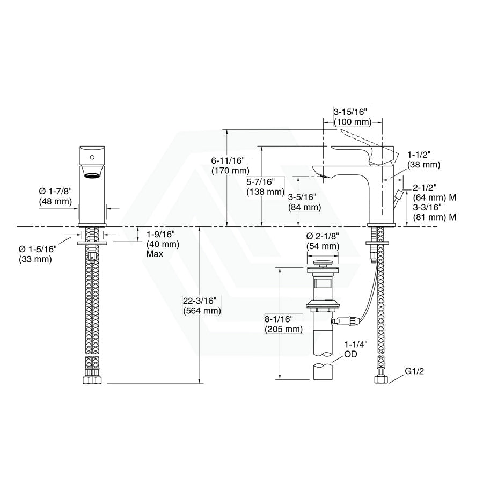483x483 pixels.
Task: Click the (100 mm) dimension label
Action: tap(353, 122)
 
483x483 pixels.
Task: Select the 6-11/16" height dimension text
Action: tap(228, 160)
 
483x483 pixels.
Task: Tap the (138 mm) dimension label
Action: tap(266, 192)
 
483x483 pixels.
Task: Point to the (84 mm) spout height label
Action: tap(305, 207)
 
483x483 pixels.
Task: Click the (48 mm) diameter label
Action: tap(55, 201)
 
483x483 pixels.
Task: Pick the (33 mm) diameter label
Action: tap(35, 259)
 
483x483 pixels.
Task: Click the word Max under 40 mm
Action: tap(155, 254)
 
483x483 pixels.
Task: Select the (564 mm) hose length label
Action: tap(202, 311)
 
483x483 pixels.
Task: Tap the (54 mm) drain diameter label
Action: tap(323, 246)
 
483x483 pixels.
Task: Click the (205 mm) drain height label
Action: tap(284, 329)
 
